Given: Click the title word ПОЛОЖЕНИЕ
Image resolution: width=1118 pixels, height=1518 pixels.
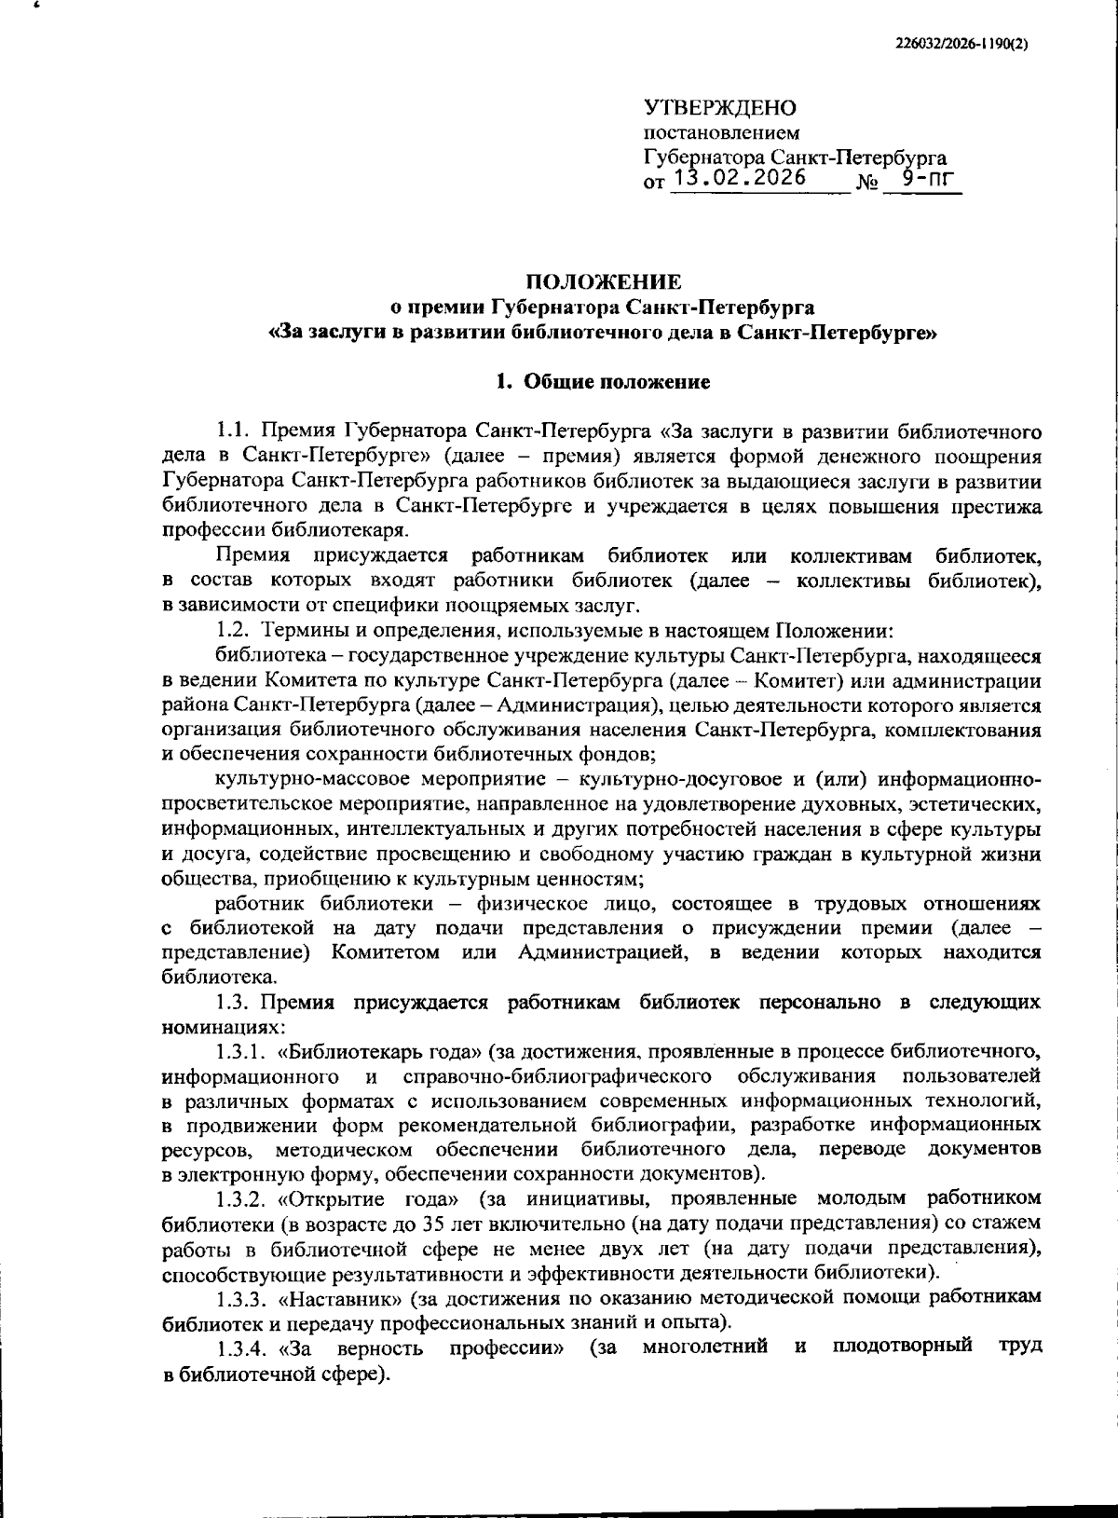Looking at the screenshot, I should [604, 281].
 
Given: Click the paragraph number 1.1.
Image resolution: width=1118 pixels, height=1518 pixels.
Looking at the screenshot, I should [234, 431].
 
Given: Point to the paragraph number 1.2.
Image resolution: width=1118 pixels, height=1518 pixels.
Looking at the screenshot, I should [234, 631].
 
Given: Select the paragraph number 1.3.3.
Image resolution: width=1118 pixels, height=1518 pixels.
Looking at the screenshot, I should [241, 1297].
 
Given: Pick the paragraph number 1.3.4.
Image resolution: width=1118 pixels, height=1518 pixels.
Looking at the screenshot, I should [241, 1347].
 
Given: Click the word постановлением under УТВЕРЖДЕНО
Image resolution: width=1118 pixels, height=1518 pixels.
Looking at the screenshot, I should [708, 133].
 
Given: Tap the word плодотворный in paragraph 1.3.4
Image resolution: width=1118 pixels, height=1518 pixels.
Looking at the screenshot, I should [902, 1347].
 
